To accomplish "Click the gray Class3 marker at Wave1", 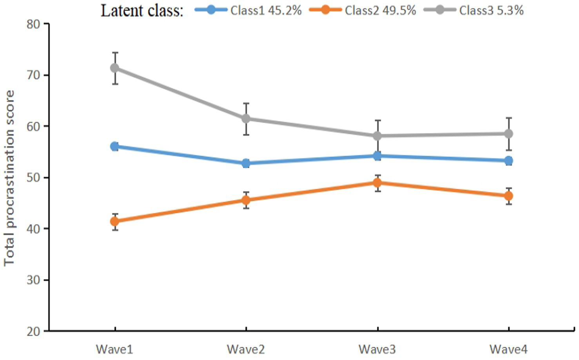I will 114,68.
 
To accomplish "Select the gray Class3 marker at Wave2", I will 246,118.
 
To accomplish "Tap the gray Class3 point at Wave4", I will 508,134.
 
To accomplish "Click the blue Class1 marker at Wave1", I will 114,147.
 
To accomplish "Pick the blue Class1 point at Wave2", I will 246,164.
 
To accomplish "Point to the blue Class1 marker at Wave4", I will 508,160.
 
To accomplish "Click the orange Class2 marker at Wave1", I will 114,222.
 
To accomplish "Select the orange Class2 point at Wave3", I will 377,183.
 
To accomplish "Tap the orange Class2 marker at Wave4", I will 508,196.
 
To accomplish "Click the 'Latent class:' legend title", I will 142,11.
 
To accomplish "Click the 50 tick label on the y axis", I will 33,178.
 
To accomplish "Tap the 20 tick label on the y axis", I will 33,331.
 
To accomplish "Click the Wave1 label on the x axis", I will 114,349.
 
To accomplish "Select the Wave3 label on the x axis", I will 377,349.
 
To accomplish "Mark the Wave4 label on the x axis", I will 508,349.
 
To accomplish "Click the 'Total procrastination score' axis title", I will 9,178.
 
